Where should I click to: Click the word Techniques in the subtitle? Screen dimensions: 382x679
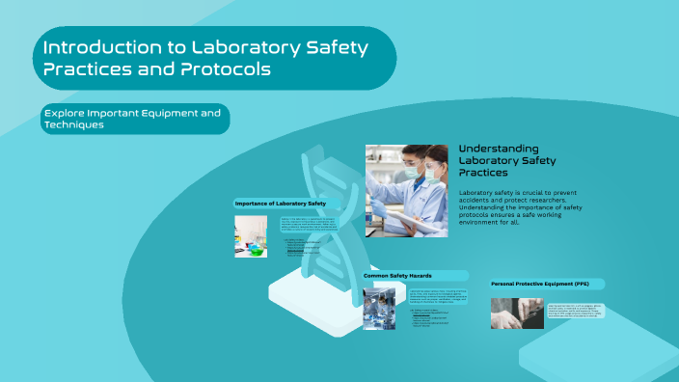click(x=73, y=125)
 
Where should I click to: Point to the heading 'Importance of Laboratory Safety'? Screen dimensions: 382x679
click(x=281, y=204)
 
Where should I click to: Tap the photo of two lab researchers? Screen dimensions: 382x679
click(x=407, y=190)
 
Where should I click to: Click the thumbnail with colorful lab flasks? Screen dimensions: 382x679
click(x=251, y=235)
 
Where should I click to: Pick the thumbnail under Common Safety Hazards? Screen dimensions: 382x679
click(x=378, y=309)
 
